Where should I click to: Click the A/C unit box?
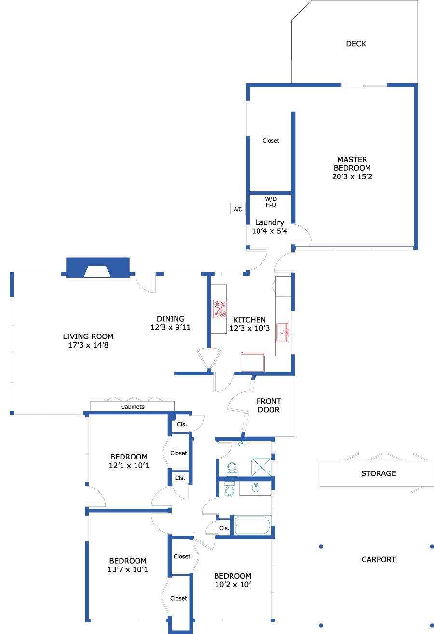pyautogui.click(x=238, y=209)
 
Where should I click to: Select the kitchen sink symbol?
pyautogui.click(x=283, y=333)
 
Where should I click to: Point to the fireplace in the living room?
pyautogui.click(x=98, y=268)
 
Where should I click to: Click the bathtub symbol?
pyautogui.click(x=253, y=526)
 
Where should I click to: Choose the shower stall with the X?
pyautogui.click(x=261, y=467)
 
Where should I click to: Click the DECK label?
pyautogui.click(x=356, y=44)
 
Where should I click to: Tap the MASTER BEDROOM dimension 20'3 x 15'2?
pyautogui.click(x=352, y=176)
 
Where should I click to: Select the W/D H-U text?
pyautogui.click(x=271, y=202)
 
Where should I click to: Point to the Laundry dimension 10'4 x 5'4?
pyautogui.click(x=270, y=231)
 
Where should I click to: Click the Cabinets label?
pyautogui.click(x=133, y=407)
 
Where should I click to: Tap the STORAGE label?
pyautogui.click(x=379, y=473)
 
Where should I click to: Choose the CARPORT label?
pyautogui.click(x=379, y=560)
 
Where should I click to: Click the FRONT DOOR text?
pyautogui.click(x=269, y=405)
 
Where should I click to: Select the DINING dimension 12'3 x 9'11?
pyautogui.click(x=170, y=327)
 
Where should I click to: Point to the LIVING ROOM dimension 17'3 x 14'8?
pyautogui.click(x=88, y=345)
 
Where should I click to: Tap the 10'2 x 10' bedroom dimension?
pyautogui.click(x=233, y=584)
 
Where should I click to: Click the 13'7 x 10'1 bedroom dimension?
pyautogui.click(x=128, y=569)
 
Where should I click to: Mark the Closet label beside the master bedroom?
pyautogui.click(x=271, y=141)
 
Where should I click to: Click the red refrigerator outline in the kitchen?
pyautogui.click(x=252, y=362)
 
